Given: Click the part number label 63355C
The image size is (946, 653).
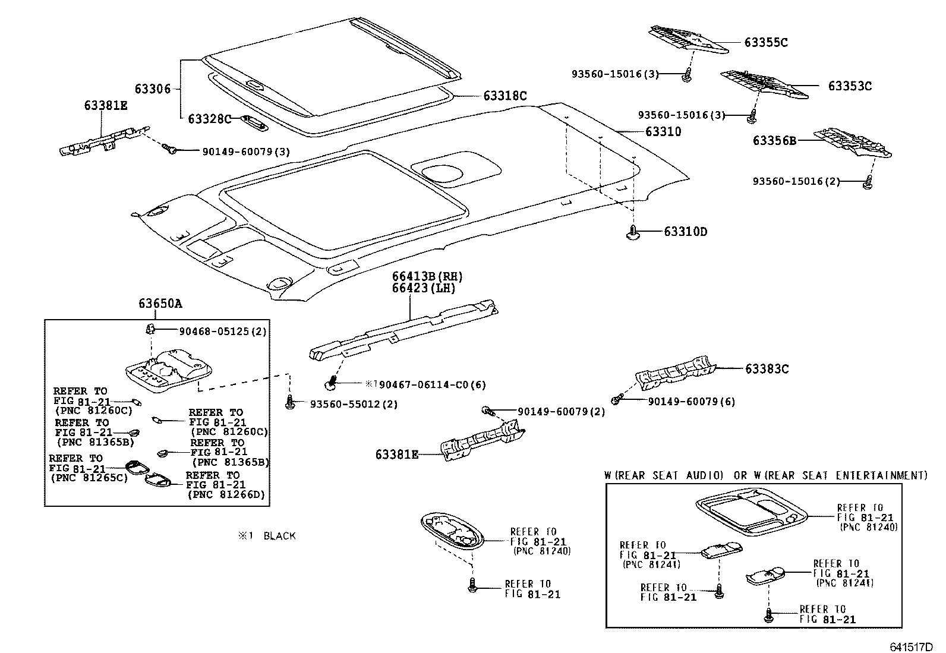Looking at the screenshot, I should (x=766, y=42).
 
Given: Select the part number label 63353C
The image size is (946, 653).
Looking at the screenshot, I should (x=850, y=86).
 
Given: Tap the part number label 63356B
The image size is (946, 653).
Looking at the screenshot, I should (x=774, y=141).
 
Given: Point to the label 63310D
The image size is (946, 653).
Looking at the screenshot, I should (x=686, y=232).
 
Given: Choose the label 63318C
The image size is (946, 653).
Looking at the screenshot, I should (x=504, y=96).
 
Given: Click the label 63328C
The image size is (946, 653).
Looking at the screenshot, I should (x=209, y=119).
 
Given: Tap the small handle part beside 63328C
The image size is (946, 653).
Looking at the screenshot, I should (x=254, y=122).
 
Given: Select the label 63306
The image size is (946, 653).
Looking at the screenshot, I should (x=152, y=89).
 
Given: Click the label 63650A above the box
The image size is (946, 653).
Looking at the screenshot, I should (x=160, y=304).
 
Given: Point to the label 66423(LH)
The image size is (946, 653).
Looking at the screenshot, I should (x=423, y=289).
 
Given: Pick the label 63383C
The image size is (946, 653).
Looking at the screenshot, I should (x=767, y=369).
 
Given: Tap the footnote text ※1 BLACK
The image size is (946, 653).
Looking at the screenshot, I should (x=267, y=536).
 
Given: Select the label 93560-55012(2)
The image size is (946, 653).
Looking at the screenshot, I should (x=354, y=404).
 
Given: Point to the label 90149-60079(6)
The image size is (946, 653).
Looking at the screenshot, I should (x=691, y=402).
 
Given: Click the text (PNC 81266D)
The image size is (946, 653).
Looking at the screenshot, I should (x=226, y=494).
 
